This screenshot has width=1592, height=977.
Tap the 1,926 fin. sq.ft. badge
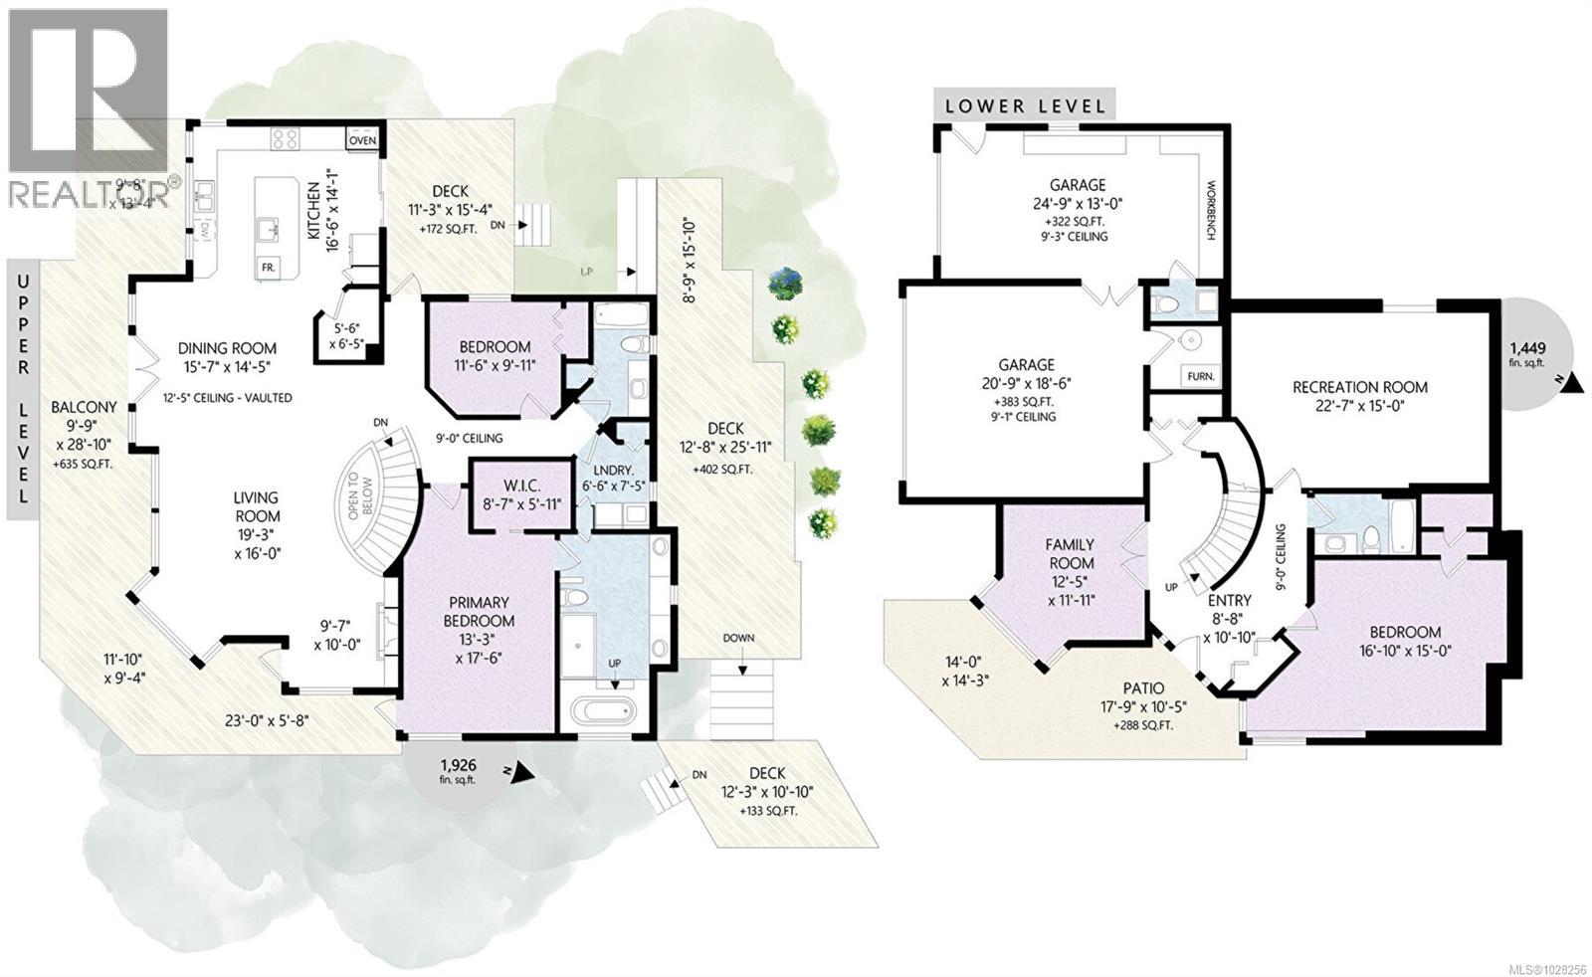[459, 770]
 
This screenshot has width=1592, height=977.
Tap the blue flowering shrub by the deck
[785, 283]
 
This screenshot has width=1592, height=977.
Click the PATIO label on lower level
[1143, 688]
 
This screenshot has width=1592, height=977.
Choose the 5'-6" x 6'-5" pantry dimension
[351, 335]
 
